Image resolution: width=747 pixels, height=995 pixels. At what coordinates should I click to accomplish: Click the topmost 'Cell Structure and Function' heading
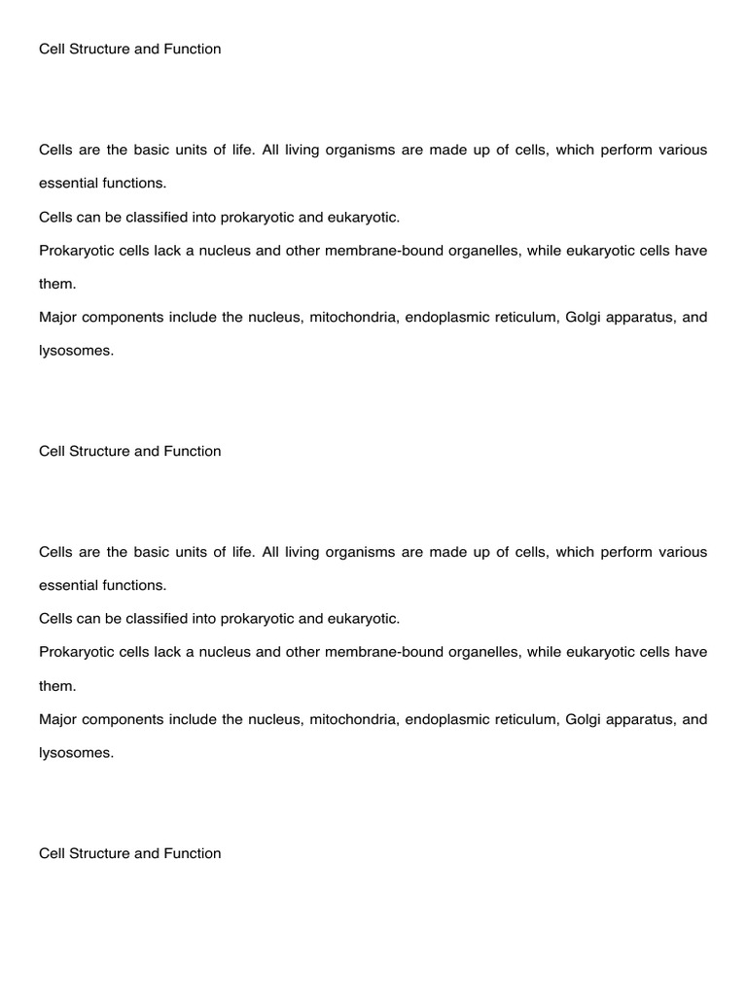click(x=129, y=49)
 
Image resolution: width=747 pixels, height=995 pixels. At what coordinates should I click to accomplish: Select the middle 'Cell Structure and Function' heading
click(x=129, y=451)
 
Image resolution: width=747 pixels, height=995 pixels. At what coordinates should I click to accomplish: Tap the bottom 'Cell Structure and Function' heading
click(x=129, y=853)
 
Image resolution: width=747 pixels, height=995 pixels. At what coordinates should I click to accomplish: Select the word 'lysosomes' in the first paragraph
click(x=76, y=351)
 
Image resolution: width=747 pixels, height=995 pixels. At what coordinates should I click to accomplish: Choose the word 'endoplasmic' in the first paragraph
click(x=445, y=318)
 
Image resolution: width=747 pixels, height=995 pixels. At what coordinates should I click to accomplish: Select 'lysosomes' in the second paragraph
click(x=76, y=753)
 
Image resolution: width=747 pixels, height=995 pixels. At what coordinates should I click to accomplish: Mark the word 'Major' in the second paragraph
click(x=57, y=720)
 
